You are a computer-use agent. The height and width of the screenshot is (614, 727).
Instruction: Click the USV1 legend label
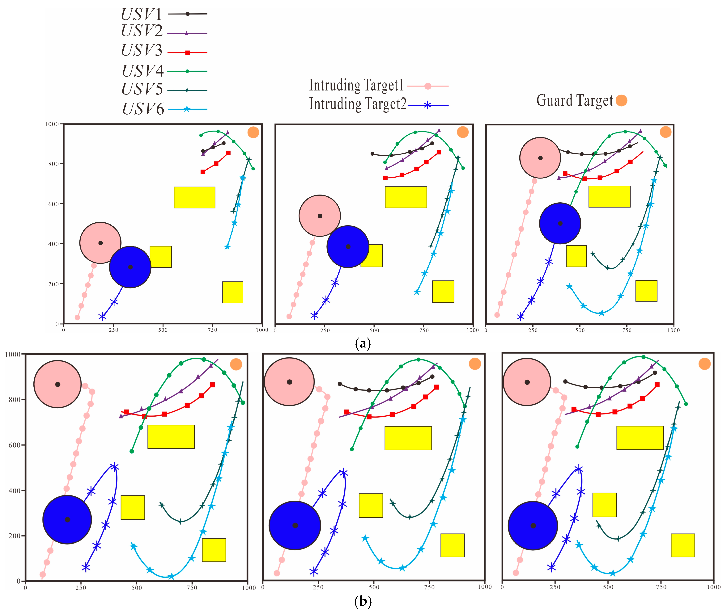click(x=141, y=14)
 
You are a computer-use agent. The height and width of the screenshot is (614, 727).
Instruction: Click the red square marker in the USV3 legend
click(x=187, y=53)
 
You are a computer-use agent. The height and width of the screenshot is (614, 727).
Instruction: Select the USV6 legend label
click(x=143, y=109)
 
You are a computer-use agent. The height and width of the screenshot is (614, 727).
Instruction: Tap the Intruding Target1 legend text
click(x=356, y=85)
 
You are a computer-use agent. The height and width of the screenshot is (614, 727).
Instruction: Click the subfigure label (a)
click(x=363, y=343)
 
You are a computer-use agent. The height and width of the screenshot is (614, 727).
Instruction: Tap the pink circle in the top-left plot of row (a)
click(x=100, y=243)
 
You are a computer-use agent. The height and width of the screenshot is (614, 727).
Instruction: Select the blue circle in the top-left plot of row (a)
click(x=130, y=267)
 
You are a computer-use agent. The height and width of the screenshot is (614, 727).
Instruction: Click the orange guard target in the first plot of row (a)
click(x=253, y=132)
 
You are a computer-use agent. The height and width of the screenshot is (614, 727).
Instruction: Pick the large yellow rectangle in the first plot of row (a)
click(x=194, y=197)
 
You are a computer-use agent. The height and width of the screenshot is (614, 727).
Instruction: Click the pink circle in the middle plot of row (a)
click(x=320, y=216)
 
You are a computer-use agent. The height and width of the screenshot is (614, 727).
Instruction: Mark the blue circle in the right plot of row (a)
click(x=560, y=223)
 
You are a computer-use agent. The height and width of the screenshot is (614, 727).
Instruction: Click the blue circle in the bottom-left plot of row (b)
click(x=67, y=519)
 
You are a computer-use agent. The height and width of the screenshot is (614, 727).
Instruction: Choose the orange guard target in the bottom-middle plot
click(x=474, y=364)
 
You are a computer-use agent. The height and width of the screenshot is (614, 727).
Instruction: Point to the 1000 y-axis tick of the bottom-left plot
click(x=13, y=354)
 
